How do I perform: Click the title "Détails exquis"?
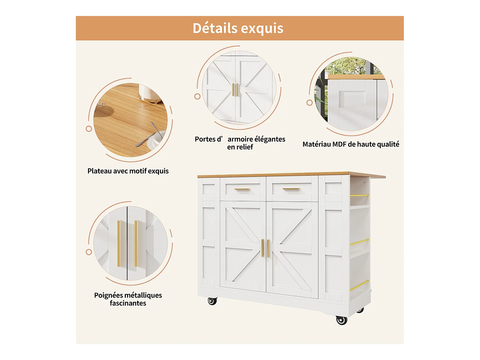tap(238, 28)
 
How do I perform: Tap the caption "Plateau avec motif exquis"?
tap(128, 171)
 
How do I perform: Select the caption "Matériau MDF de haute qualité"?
tap(351, 144)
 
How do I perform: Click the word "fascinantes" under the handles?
tap(128, 303)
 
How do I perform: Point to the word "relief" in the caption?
tap(245, 147)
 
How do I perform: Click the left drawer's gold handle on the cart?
tap(242, 189)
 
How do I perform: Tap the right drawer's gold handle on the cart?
tap(291, 189)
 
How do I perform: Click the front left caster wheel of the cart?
tap(212, 301)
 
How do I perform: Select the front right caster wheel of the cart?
tap(341, 320)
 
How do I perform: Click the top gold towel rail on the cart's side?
tap(359, 195)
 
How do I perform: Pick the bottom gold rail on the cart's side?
tap(359, 286)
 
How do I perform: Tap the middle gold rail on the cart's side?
tap(359, 242)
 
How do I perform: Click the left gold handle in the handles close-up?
tap(119, 244)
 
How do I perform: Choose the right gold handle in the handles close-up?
tap(136, 244)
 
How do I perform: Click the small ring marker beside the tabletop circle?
tap(89, 129)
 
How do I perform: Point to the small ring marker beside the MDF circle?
tap(309, 103)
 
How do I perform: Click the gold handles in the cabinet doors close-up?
tap(235, 90)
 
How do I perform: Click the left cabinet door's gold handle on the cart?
tap(262, 248)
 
